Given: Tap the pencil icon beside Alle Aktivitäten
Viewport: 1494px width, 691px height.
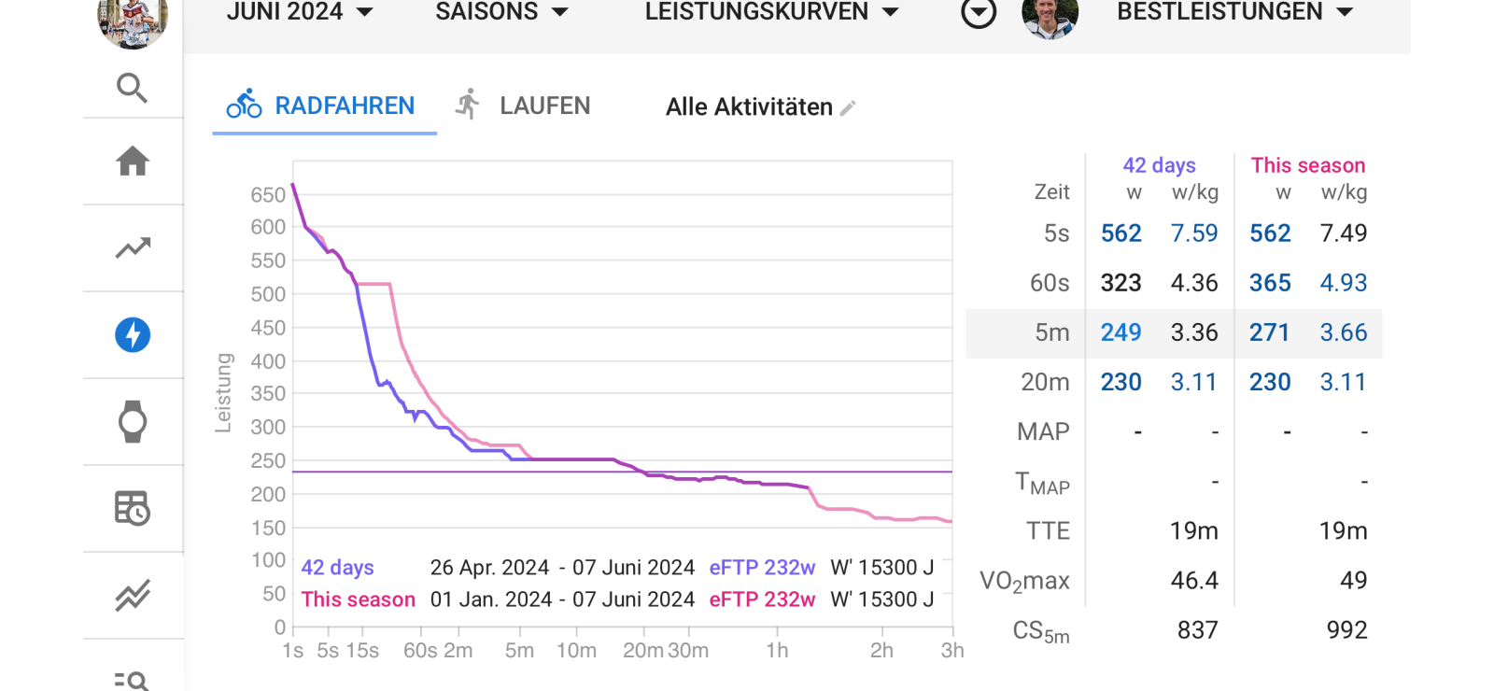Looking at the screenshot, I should (848, 108).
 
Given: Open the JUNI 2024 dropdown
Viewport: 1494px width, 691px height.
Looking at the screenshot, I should (299, 12).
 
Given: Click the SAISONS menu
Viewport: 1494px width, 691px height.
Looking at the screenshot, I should (501, 12).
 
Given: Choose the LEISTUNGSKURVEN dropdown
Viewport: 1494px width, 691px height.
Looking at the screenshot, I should (771, 12).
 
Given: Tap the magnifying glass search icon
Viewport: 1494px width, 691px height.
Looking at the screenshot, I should (133, 88).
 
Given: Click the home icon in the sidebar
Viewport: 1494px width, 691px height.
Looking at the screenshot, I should (133, 162).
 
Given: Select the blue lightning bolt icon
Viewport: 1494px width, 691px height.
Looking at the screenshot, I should (133, 334).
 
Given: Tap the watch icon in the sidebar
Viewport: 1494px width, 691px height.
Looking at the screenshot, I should (133, 421).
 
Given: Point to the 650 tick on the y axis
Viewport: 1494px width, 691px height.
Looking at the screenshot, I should (268, 194).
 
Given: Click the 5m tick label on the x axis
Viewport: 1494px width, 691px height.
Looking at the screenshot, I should (519, 651).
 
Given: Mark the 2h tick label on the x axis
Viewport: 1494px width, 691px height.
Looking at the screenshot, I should (881, 651).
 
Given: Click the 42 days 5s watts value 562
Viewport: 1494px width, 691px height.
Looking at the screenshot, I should (1120, 233).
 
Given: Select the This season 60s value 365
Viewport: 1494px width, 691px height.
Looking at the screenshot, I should (1270, 283).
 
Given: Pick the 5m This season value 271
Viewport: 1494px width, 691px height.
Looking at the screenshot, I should (1269, 332).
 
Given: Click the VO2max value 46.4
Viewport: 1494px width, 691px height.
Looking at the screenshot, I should (1194, 581).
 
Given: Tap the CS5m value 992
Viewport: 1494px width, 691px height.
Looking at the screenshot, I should (1346, 630).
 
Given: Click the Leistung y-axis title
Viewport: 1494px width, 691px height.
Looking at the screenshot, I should (223, 393).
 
